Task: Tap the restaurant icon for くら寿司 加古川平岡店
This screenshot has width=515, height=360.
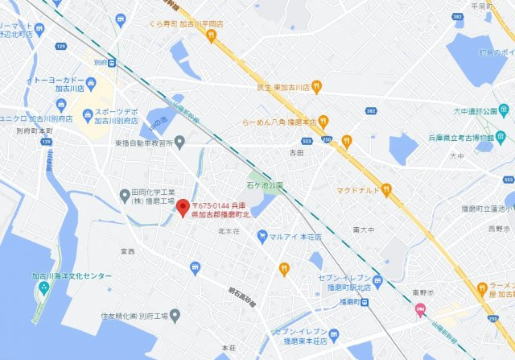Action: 212,35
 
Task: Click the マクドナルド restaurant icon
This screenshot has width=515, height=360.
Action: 385,190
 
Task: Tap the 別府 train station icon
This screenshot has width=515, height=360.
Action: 111,62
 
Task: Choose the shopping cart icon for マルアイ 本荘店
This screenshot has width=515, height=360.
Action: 262,235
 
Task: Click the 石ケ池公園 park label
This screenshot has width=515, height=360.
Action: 265,186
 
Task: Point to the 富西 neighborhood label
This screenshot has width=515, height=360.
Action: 127,251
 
